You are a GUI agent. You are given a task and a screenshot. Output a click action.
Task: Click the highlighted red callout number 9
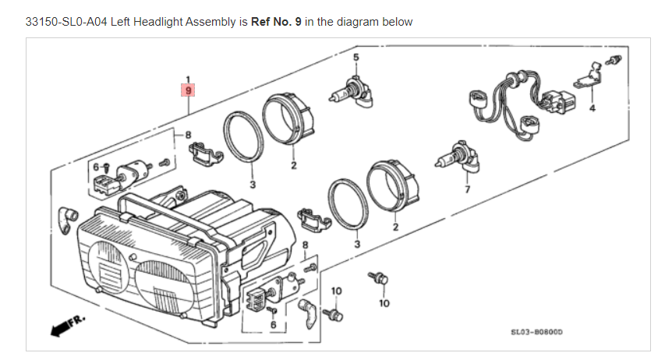[x=188, y=90]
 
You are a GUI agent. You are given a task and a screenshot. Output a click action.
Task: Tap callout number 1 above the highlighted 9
[x=188, y=79]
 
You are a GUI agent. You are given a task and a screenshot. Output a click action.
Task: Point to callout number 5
[x=356, y=58]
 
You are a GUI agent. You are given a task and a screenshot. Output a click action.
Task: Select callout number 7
[x=468, y=189]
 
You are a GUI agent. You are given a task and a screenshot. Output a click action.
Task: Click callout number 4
[x=592, y=107]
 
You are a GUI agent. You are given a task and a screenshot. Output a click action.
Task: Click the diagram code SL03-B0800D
[x=536, y=332]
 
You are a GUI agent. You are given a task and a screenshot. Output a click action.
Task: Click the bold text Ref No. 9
[x=276, y=22]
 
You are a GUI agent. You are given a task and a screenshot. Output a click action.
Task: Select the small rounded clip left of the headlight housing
[x=67, y=214]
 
